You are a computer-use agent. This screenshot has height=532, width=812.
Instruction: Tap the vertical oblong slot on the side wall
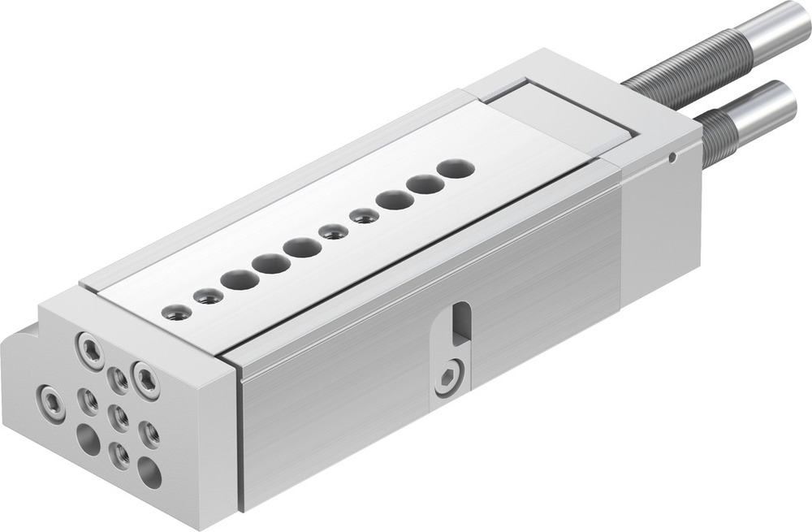pos(460,323)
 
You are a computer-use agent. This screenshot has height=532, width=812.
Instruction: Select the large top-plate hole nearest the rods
pos(456,169)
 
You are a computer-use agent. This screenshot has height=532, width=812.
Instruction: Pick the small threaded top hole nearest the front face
pos(175,310)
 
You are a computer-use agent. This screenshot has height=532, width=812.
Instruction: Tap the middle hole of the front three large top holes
pos(270,263)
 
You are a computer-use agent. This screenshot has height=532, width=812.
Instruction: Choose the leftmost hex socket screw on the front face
pos(51,402)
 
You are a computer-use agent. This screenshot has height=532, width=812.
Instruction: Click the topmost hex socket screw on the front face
pos(90,350)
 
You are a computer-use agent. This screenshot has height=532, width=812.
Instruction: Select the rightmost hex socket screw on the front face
pos(146,379)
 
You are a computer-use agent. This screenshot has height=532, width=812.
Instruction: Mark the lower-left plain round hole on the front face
pos(88,440)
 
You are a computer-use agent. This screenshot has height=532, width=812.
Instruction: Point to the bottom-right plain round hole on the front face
pos(149,472)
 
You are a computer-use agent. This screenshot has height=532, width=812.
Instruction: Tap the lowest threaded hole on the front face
pos(119,454)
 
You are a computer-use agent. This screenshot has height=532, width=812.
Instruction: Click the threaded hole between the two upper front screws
pos(119,377)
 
